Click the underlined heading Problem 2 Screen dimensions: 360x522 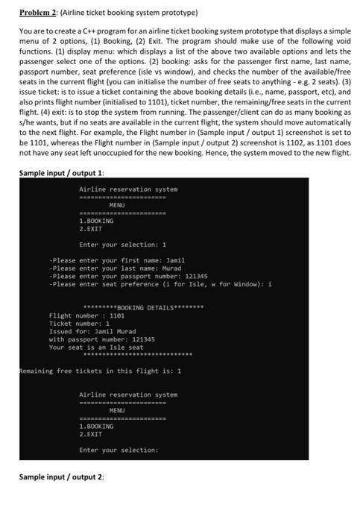35,13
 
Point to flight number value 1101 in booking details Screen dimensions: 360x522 112,315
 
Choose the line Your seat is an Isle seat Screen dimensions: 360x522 96,347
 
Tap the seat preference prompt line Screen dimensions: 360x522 149,284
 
